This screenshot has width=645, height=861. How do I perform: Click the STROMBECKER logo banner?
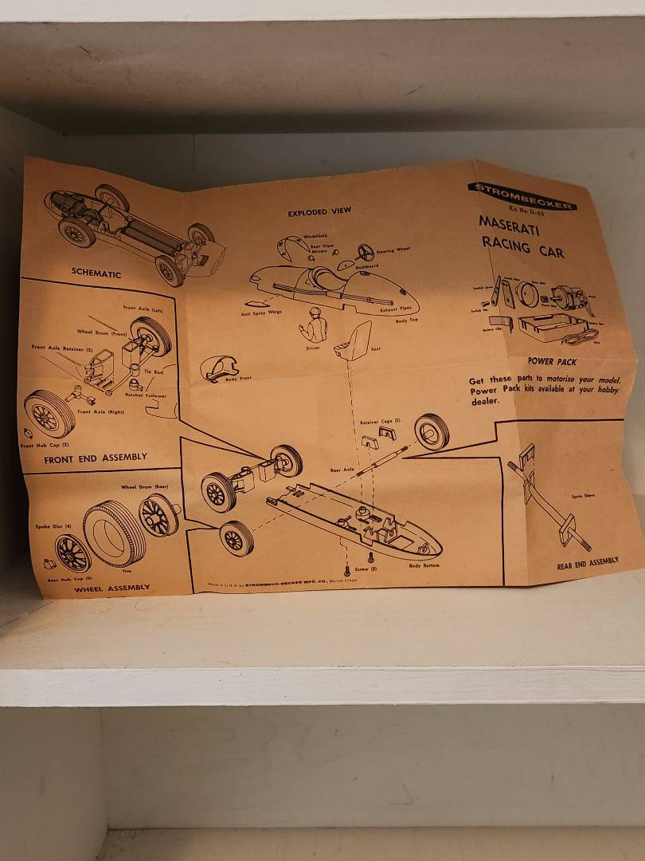[522, 195]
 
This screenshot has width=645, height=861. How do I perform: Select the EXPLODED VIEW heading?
[319, 213]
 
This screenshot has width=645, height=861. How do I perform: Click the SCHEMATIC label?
[96, 273]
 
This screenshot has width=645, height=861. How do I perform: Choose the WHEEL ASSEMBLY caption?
[111, 588]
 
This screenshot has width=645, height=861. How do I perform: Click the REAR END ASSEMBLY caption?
[587, 561]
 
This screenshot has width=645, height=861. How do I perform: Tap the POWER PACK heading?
[551, 361]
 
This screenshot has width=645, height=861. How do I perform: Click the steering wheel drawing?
[365, 254]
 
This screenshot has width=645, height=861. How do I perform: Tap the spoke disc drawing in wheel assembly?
[72, 552]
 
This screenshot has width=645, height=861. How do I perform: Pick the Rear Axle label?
[342, 470]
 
